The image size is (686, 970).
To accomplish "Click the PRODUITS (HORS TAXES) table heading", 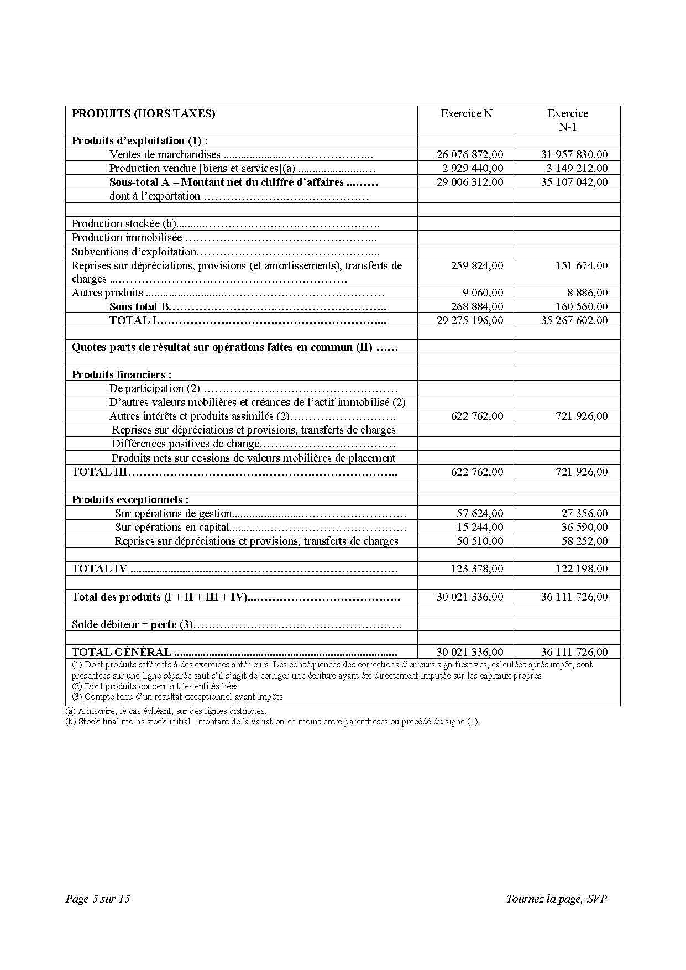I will tap(143, 114).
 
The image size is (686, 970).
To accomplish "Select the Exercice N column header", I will tap(466, 114).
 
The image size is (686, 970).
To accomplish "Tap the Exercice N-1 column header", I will tap(568, 120).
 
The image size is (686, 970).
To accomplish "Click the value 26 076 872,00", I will tap(470, 155).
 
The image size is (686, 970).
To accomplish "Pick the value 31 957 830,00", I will tap(574, 155).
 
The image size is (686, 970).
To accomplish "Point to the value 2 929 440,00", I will tap(473, 169).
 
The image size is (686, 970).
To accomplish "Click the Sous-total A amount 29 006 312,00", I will tap(470, 182).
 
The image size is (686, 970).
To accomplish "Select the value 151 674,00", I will tap(581, 266).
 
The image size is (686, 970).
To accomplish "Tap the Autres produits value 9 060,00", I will tap(483, 293).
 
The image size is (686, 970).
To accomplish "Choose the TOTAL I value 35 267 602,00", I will tap(574, 321).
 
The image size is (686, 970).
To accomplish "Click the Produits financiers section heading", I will tap(122, 375).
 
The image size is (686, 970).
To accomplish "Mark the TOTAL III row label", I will tap(100, 472).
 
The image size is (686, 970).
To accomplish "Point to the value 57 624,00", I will tap(480, 514).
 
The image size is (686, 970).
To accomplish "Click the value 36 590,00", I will tap(584, 528).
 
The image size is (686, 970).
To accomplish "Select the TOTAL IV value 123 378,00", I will tap(477, 569).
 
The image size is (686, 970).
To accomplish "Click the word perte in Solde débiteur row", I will tap(164, 625).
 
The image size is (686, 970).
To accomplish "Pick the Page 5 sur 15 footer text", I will tap(98, 899).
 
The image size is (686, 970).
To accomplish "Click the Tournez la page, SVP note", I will tap(556, 899).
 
